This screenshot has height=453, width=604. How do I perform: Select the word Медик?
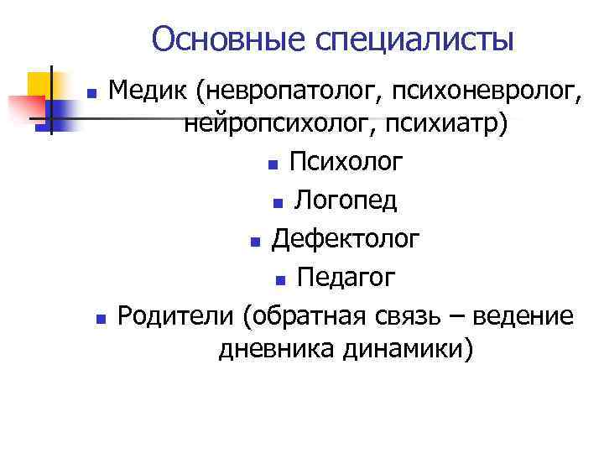click(x=148, y=87)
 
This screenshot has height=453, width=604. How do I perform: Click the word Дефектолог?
click(x=345, y=239)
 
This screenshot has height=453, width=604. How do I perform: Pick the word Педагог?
click(x=346, y=277)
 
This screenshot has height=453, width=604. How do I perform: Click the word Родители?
click(x=174, y=315)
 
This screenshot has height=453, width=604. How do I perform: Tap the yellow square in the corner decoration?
click(x=42, y=85)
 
